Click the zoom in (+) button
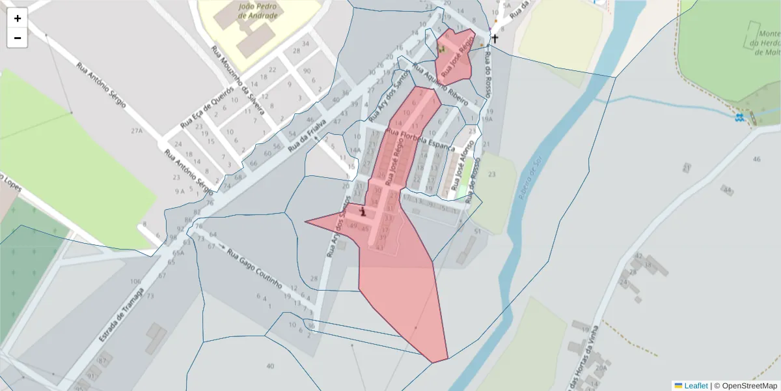[18, 18]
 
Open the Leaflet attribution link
[696, 386]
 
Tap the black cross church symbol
[495, 39]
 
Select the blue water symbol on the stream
[739, 117]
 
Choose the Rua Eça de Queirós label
[206, 106]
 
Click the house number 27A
[135, 131]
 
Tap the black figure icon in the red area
[363, 211]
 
